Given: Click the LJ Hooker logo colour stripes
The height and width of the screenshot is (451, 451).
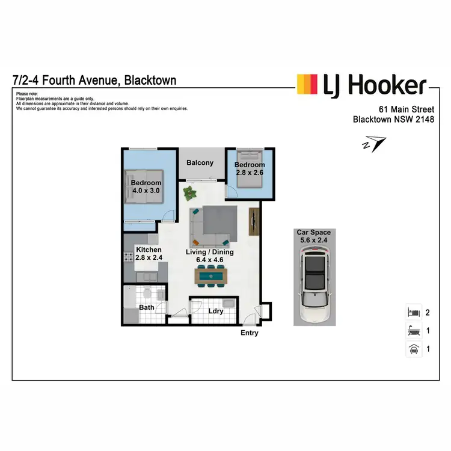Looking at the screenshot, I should (x=307, y=84).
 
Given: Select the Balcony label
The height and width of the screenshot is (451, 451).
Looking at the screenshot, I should (x=200, y=163).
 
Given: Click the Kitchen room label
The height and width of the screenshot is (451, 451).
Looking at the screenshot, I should (x=149, y=250).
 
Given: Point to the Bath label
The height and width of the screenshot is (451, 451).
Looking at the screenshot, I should (x=147, y=307).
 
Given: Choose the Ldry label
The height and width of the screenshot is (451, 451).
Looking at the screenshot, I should (x=216, y=311).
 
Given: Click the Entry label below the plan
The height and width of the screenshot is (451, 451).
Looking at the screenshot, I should (x=249, y=333).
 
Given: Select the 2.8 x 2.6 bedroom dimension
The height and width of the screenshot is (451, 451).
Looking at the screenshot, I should (x=250, y=173).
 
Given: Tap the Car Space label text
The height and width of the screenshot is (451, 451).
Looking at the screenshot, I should (x=313, y=232).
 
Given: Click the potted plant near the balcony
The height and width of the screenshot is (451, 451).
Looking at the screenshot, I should (x=191, y=194).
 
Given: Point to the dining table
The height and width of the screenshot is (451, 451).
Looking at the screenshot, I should (x=211, y=276).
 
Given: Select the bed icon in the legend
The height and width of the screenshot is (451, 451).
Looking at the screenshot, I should (x=413, y=313).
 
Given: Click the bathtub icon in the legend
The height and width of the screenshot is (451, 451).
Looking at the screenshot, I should (x=413, y=330).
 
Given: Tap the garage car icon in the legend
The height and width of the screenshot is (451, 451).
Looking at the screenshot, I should (x=413, y=348).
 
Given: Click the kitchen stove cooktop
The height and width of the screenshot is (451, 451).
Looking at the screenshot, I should (x=128, y=257).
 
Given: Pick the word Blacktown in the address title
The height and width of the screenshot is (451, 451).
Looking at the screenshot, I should (x=150, y=80).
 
